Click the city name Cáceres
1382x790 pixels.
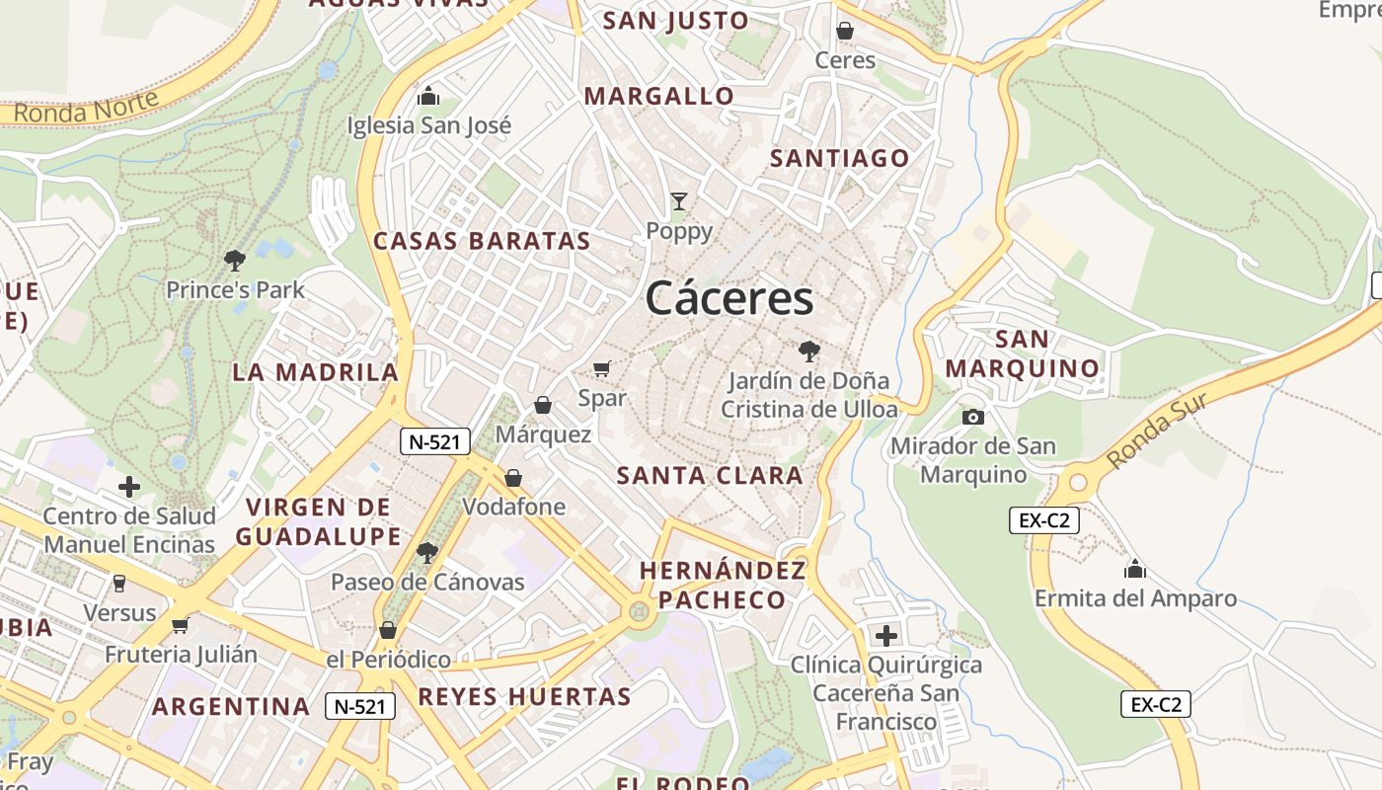click(729, 298)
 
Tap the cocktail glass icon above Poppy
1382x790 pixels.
click(679, 201)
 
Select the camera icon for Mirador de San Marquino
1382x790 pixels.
click(973, 417)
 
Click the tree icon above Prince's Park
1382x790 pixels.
click(235, 261)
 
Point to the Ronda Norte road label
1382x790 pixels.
click(86, 109)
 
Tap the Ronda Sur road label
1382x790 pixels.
click(1157, 429)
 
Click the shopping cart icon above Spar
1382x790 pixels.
click(602, 369)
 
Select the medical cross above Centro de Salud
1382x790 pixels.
click(129, 487)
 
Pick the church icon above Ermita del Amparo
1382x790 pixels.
click(1135, 569)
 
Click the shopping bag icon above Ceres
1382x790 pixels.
click(845, 31)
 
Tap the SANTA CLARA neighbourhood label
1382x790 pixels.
click(710, 476)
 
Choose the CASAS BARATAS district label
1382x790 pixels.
click(482, 241)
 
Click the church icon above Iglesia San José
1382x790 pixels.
click(428, 96)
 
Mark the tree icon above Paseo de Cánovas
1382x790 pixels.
click(427, 553)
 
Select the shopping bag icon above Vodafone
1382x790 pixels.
click(513, 478)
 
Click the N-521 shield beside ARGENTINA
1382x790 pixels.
click(360, 705)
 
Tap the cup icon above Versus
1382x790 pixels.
click(119, 584)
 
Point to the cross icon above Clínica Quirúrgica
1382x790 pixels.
click(886, 635)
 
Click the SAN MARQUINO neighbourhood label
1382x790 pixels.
click(1023, 354)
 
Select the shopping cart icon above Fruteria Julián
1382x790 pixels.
click(181, 625)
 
